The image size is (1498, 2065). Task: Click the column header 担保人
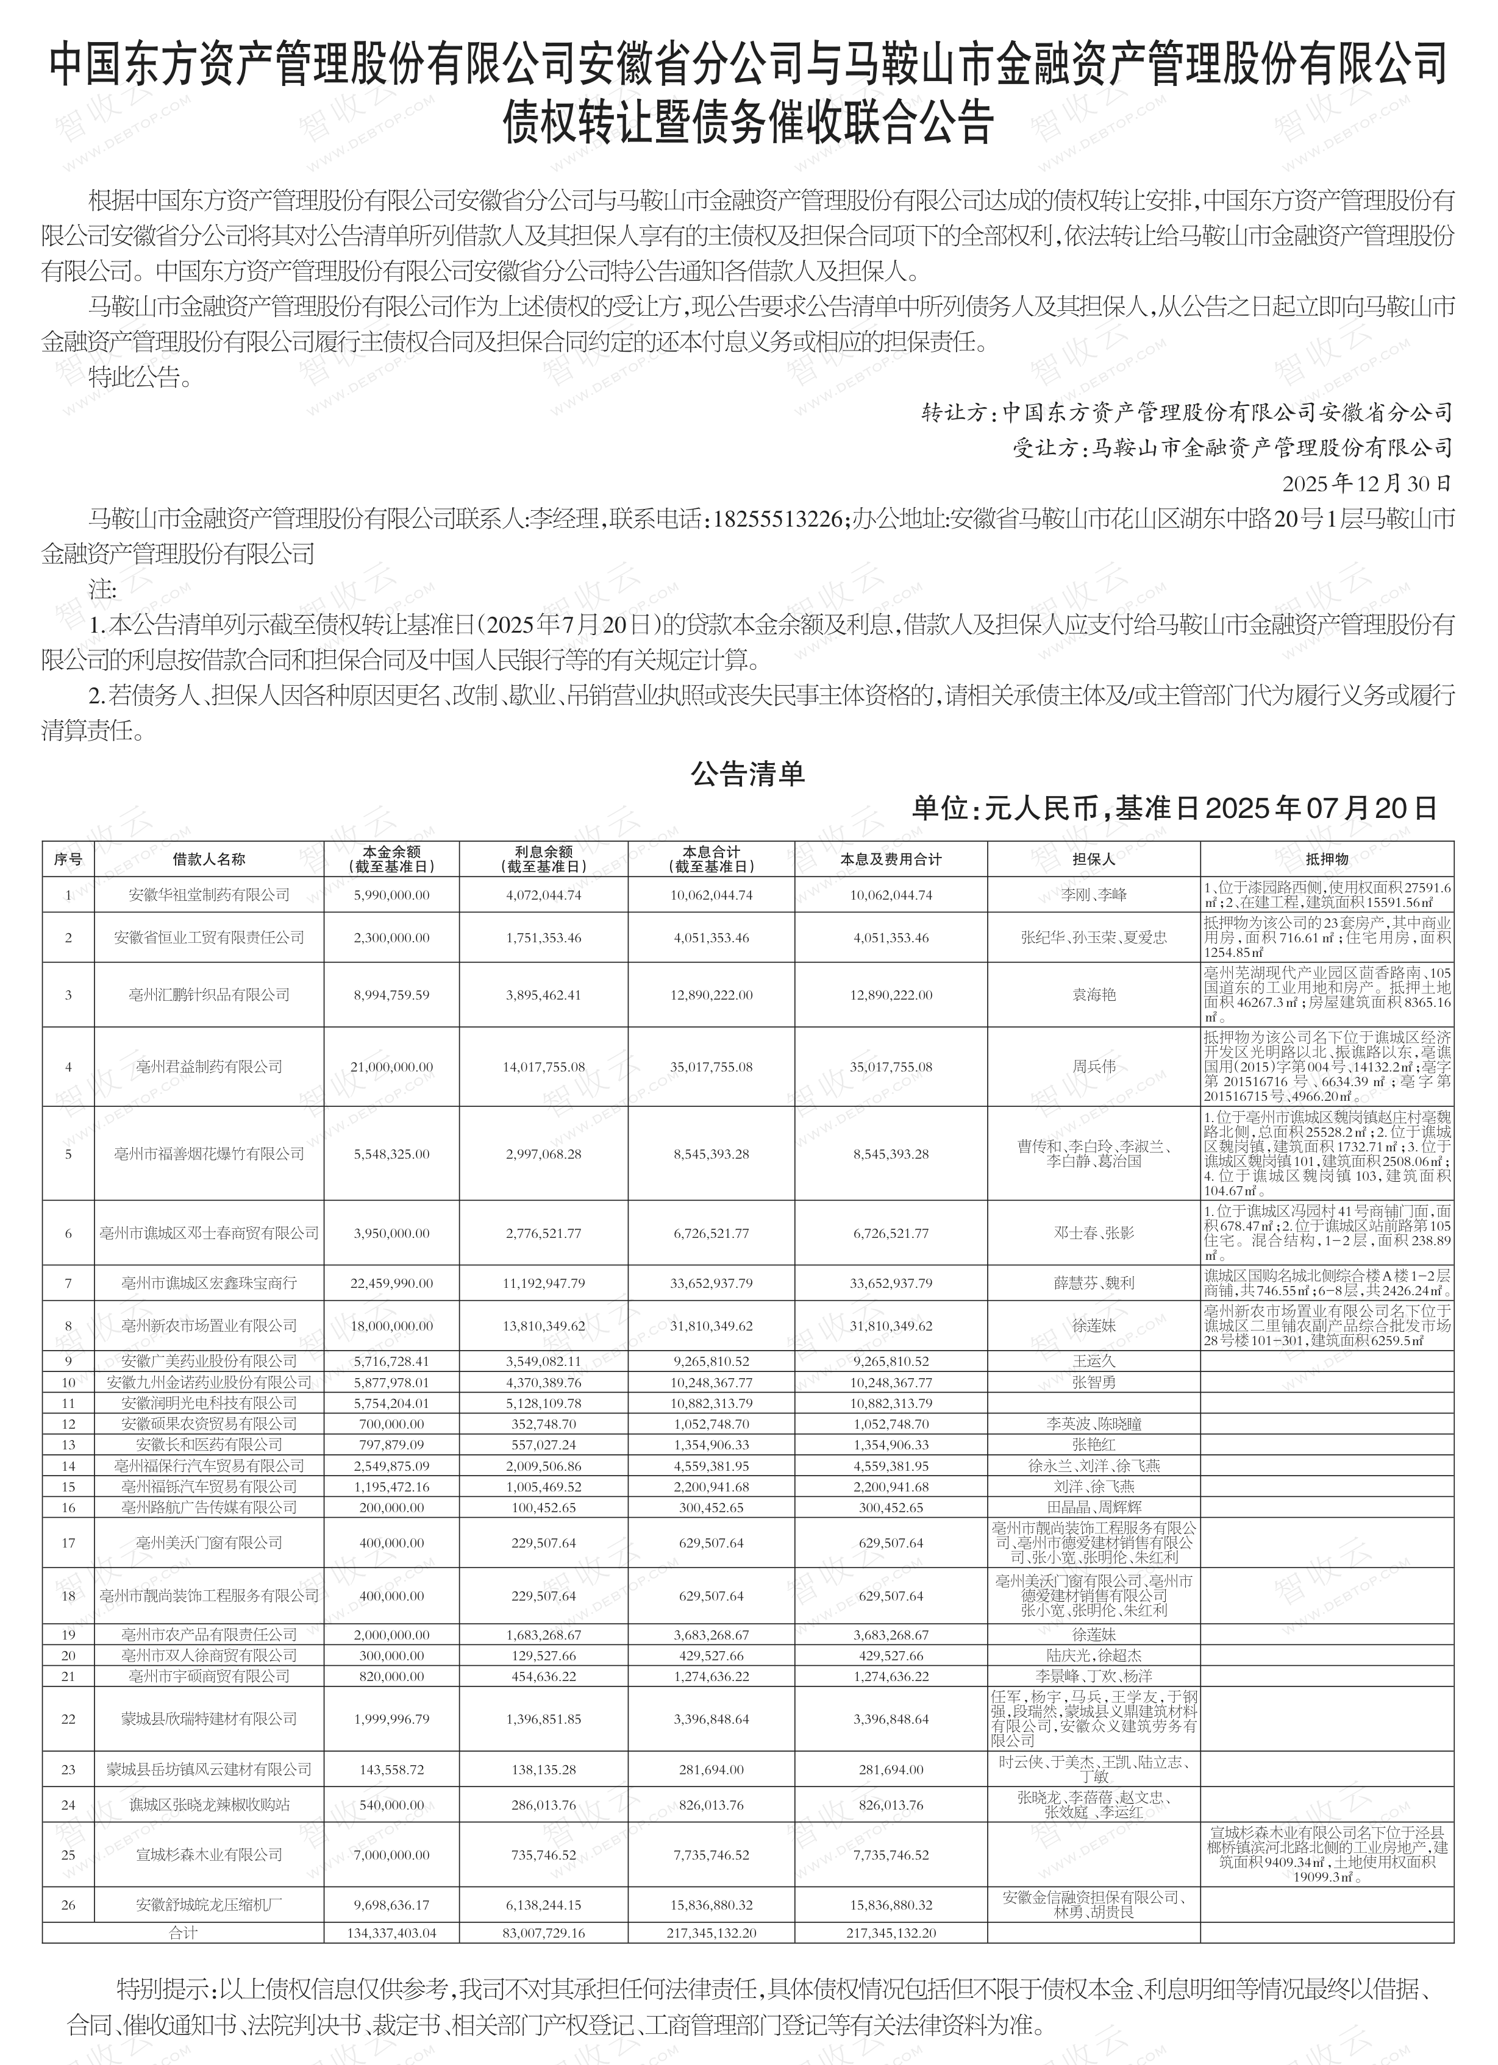(x=1093, y=859)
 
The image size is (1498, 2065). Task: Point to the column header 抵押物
(x=1326, y=859)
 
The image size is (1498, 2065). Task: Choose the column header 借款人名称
(x=209, y=859)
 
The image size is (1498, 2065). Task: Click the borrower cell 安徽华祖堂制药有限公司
(x=209, y=895)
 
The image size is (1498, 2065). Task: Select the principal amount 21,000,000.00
(x=391, y=1066)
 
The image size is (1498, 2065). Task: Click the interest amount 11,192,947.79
(x=544, y=1284)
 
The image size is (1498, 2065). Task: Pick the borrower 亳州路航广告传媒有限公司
(x=209, y=1507)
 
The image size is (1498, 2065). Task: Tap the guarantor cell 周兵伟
(x=1093, y=1066)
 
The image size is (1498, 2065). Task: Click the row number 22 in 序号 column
(x=68, y=1719)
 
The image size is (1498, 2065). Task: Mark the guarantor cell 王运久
(x=1093, y=1361)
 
